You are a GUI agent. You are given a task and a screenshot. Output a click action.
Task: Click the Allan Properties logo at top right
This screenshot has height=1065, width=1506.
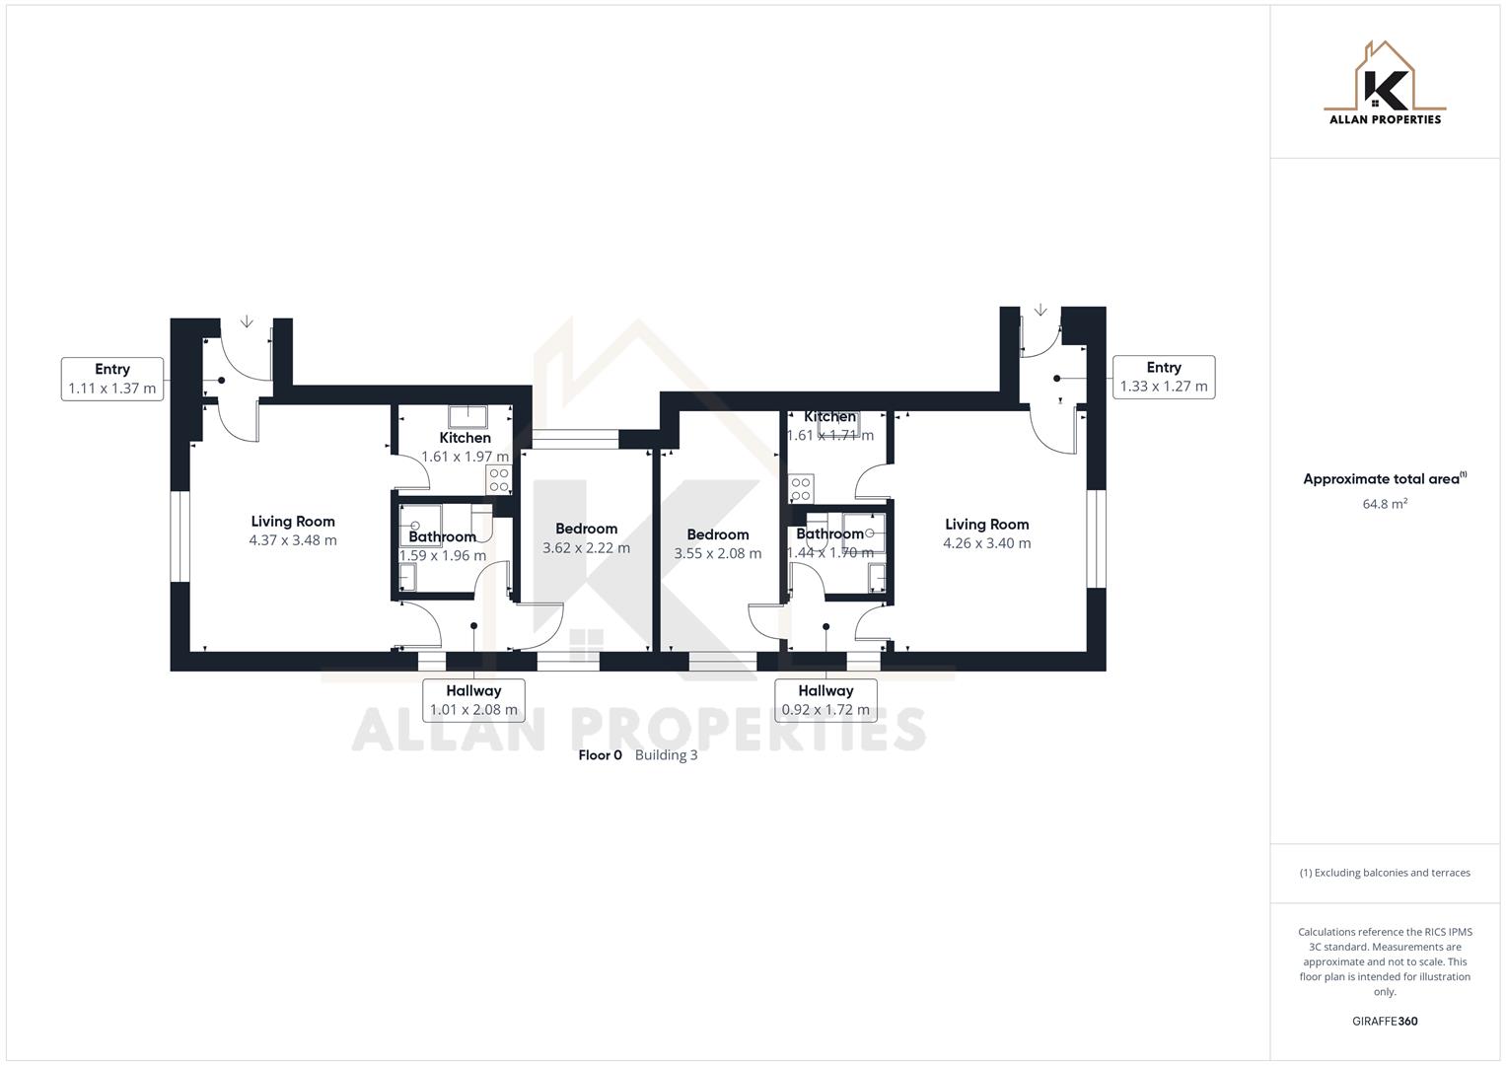[x=1385, y=84]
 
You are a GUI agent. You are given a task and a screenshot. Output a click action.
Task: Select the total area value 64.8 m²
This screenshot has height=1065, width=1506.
[x=1385, y=504]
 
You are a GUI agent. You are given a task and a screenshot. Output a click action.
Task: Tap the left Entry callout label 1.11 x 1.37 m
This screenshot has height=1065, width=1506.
[x=112, y=379]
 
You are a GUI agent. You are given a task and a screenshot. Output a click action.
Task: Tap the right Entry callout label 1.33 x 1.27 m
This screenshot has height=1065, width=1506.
[x=1164, y=377]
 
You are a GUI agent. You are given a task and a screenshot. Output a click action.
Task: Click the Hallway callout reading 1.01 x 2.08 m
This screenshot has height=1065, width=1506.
[x=473, y=700]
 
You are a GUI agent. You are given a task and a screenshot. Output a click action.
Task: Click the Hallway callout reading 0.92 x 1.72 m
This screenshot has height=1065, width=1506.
[x=825, y=700]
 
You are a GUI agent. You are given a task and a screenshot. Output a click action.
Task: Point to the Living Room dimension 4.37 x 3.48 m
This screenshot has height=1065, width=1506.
[x=293, y=540]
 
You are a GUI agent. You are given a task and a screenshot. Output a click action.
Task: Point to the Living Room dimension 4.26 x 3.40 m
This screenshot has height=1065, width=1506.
[x=986, y=543]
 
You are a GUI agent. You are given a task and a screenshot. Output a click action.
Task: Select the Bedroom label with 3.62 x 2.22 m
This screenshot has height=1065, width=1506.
[x=586, y=538]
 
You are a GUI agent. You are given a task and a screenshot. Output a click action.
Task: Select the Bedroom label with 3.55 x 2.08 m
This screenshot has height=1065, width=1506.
[x=717, y=544]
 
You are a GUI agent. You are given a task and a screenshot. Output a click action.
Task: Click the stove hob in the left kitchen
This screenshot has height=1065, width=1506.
[x=499, y=480]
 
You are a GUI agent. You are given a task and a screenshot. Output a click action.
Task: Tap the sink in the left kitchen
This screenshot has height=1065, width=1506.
[x=464, y=414]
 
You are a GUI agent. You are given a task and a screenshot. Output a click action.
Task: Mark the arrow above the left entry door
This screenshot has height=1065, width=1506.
[x=247, y=321]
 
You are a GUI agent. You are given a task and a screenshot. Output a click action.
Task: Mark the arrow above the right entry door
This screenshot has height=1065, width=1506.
[x=1040, y=311]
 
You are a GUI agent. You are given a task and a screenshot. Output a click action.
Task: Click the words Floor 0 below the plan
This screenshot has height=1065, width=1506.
[x=600, y=755]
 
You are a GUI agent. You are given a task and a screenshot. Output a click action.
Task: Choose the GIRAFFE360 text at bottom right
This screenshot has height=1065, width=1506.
[x=1385, y=1022]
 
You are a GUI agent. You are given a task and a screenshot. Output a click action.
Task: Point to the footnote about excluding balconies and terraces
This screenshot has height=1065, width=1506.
[x=1385, y=873]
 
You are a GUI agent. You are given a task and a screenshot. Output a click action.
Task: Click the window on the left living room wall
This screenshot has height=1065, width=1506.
[x=179, y=536]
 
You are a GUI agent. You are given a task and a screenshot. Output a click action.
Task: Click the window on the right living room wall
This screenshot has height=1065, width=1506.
[x=1097, y=538]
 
